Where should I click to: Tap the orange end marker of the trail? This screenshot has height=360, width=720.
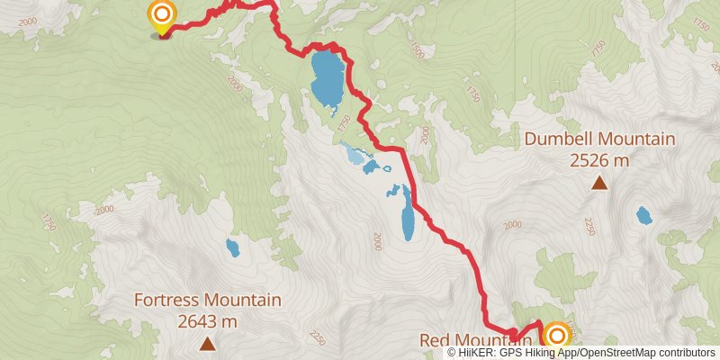(557, 337)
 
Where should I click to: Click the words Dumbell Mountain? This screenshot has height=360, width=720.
(599, 139)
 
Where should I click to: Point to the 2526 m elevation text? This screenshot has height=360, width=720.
(599, 160)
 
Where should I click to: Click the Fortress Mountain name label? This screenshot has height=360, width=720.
(208, 301)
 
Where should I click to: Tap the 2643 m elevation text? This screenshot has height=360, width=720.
(208, 320)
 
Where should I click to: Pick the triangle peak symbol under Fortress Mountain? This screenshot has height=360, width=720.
(208, 343)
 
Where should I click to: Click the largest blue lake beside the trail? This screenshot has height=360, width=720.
(326, 80)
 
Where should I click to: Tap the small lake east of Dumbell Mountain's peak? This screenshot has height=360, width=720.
(643, 216)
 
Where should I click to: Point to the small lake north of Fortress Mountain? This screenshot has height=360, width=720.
(233, 247)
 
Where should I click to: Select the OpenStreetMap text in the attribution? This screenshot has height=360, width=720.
(616, 353)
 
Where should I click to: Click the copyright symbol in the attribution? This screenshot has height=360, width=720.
(452, 353)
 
